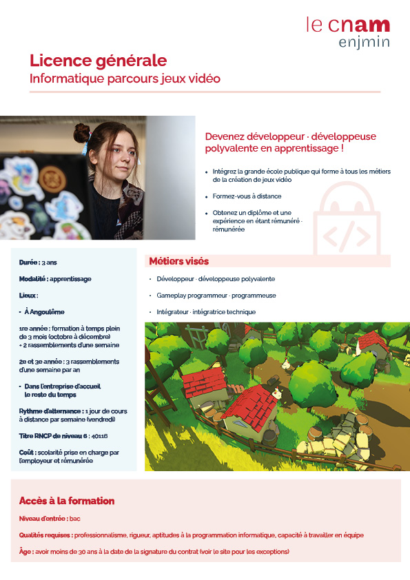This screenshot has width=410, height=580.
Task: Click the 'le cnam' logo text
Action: (x=348, y=25)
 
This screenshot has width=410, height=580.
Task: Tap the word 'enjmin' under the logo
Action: (x=364, y=43)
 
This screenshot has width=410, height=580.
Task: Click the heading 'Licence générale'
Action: (x=98, y=61)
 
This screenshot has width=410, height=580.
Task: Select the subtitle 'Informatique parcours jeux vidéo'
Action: (x=125, y=79)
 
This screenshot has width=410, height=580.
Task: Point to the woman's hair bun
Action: (x=82, y=132)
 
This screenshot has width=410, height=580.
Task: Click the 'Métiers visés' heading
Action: (x=179, y=262)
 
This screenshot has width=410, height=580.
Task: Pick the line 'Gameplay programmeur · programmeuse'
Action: (x=216, y=296)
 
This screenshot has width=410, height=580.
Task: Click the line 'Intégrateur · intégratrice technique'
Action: (x=206, y=312)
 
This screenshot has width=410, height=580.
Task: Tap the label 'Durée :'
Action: (x=30, y=263)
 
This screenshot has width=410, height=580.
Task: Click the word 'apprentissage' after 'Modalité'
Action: (x=70, y=279)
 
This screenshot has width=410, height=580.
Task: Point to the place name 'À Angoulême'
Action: (x=44, y=312)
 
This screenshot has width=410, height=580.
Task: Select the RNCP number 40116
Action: (x=99, y=436)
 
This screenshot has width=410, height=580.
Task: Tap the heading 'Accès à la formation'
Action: (x=67, y=501)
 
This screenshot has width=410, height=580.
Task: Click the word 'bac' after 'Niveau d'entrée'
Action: (x=75, y=518)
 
